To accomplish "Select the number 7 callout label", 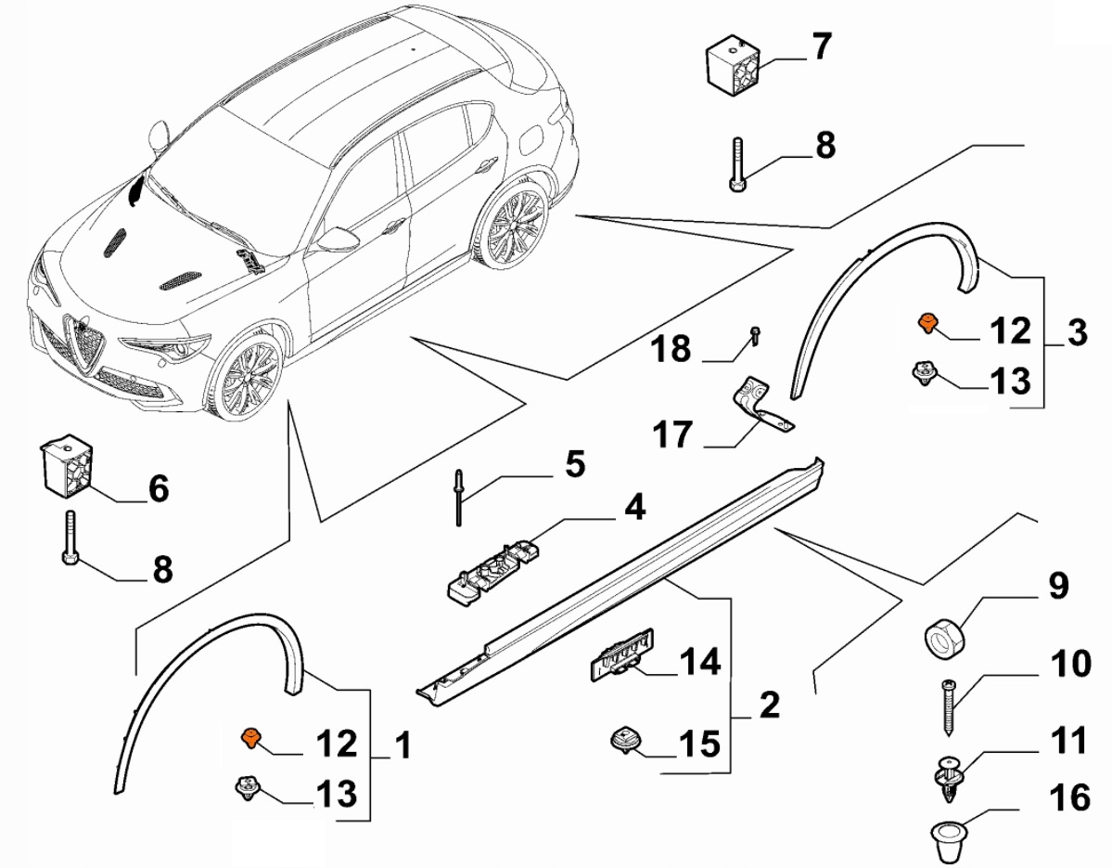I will (x=822, y=46).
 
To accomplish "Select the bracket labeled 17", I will (x=762, y=404).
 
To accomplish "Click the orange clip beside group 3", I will (x=926, y=321).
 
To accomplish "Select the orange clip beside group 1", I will (x=250, y=738).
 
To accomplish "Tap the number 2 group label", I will (x=769, y=706).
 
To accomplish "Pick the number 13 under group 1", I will (x=336, y=792).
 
